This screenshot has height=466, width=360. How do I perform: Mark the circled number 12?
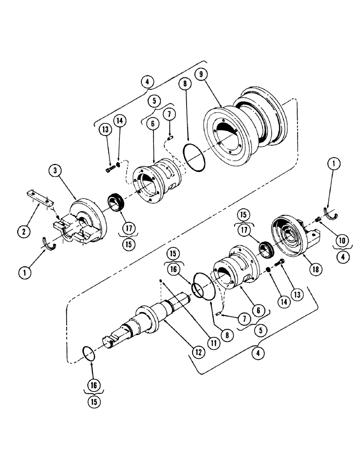click(198, 352)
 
